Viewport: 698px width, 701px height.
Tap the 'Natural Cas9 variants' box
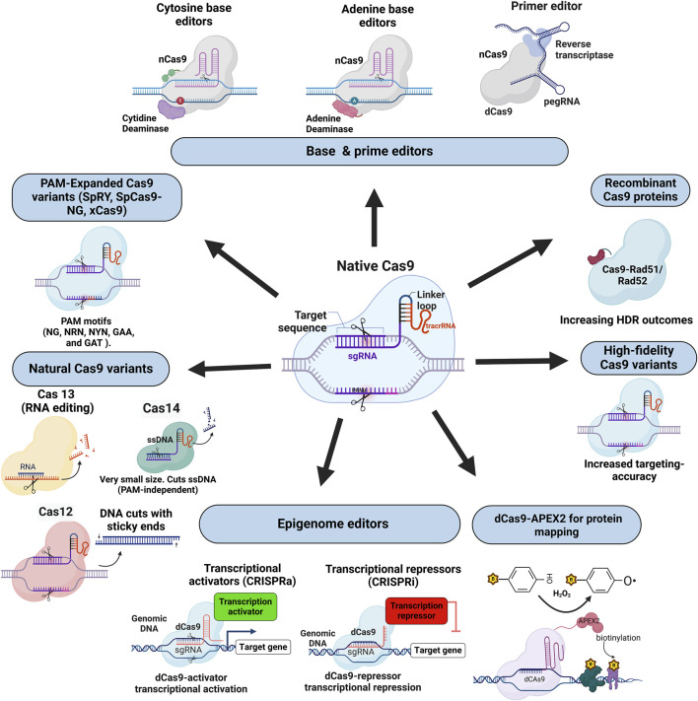coord(73,342)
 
